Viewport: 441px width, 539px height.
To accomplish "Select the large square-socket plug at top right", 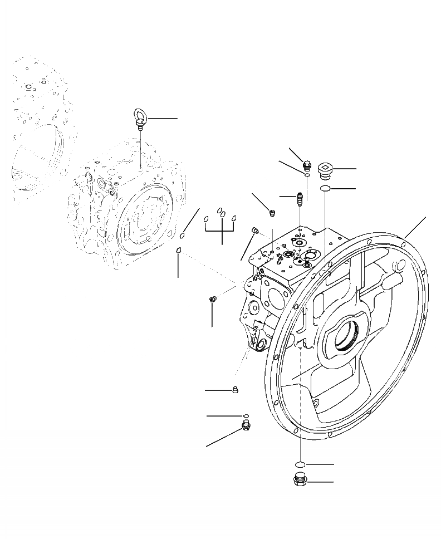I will point(325,169).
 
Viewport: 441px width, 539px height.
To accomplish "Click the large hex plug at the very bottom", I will point(300,481).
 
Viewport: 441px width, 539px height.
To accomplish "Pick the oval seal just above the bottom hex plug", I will point(300,464).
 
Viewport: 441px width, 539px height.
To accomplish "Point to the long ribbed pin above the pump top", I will point(300,198).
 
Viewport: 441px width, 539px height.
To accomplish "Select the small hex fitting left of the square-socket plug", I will point(306,164).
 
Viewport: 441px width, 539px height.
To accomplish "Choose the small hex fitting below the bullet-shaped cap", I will point(246,427).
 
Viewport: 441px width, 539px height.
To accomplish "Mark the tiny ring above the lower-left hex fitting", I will point(245,415).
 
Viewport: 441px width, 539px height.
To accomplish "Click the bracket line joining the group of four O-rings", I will point(222,231).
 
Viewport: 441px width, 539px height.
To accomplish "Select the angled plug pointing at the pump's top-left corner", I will point(256,231).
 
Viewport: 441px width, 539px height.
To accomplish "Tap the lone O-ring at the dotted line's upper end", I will point(179,251).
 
